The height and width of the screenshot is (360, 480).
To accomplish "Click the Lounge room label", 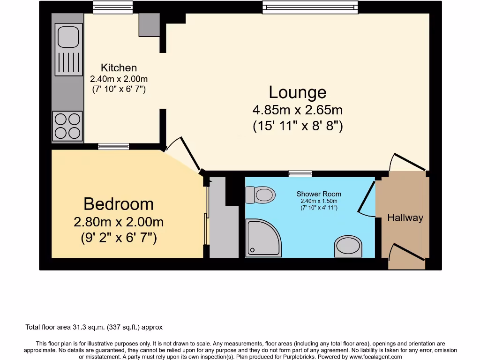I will pos(297,92).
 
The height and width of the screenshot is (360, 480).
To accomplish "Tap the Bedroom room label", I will pos(118,204).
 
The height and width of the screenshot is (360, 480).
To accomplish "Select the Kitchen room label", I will pos(119,68).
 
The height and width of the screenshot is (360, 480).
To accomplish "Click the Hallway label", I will pos(405,217).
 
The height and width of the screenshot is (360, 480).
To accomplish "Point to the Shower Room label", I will pos(319,194).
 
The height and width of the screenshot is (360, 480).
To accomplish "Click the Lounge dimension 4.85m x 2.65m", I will pos(297,111).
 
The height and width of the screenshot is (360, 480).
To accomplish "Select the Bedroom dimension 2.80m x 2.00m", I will pos(118,222).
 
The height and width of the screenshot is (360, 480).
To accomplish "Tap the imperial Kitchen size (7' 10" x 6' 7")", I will pos(119,89).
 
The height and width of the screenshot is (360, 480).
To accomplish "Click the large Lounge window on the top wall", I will pos(310,7).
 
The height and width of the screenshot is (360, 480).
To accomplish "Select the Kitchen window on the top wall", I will pos(112,7).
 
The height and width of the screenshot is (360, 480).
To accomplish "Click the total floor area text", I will pos(94,327).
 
